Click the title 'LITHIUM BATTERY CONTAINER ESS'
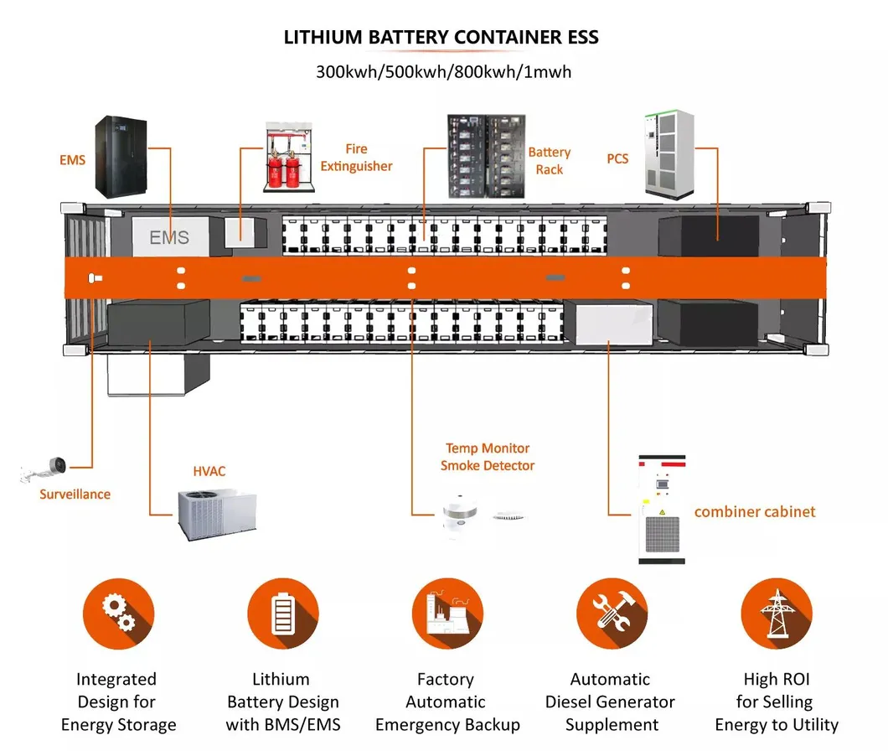(x=441, y=38)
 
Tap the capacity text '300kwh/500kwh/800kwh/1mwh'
(x=443, y=71)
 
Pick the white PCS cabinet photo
(x=670, y=153)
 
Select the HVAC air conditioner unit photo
(x=216, y=512)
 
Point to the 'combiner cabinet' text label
(x=754, y=512)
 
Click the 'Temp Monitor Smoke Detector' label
(x=487, y=457)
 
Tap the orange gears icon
(x=118, y=615)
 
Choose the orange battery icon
(x=283, y=615)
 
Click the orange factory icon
(x=447, y=615)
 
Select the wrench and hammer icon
(x=612, y=615)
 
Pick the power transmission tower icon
(x=777, y=615)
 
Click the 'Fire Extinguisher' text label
(x=356, y=158)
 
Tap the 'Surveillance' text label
(x=75, y=494)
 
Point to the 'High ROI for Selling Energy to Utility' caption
(x=777, y=702)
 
